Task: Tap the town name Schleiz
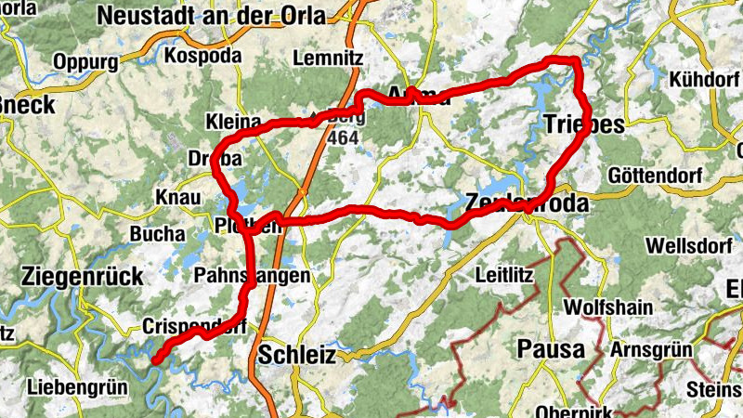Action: pos(293,353)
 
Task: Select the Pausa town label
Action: pos(550,350)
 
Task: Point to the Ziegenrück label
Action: pos(82,276)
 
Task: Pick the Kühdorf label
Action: pos(703,80)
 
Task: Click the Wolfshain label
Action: pos(608,307)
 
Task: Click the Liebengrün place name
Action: pos(74,385)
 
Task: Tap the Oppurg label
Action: pos(86,62)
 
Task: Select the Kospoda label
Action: pos(202,56)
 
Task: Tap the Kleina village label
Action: pos(229,123)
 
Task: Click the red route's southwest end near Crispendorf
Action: pos(156,360)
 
